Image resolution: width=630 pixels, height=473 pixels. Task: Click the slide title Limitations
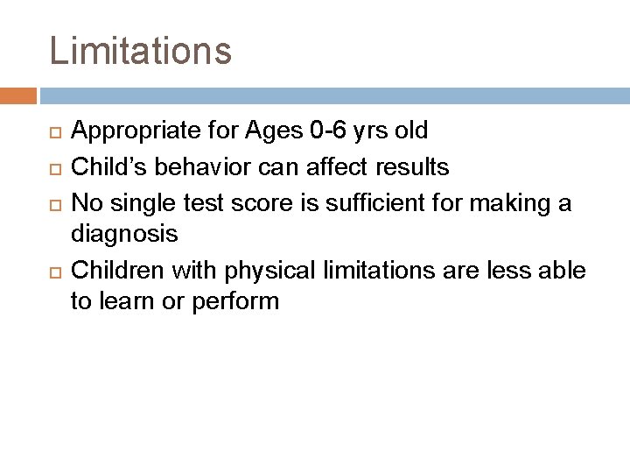[141, 51]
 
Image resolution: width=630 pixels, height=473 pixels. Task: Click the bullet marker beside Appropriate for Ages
[54, 132]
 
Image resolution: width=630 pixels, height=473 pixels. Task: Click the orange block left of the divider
[18, 95]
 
